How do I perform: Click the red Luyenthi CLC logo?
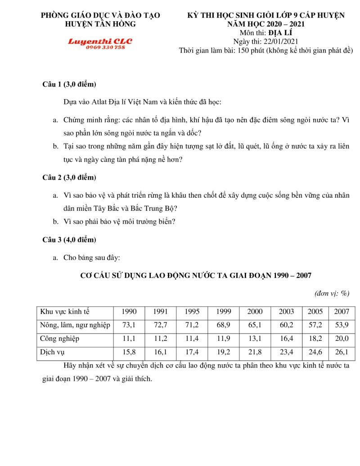click(100, 41)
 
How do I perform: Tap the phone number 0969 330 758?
click(105, 47)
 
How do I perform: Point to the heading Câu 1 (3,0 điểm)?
click(69, 85)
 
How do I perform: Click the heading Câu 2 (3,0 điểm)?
click(69, 177)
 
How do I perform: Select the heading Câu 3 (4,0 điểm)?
click(69, 240)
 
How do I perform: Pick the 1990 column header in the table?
click(129, 312)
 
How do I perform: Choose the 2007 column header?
click(342, 312)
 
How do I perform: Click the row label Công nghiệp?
click(60, 339)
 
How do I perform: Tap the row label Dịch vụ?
click(53, 352)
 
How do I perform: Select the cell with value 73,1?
click(129, 325)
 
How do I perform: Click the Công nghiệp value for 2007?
click(342, 339)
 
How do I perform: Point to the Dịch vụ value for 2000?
click(255, 352)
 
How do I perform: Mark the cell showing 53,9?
click(342, 325)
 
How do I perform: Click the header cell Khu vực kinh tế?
click(65, 312)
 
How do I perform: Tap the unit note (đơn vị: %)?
click(332, 294)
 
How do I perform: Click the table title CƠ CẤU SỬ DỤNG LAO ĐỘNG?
click(195, 275)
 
